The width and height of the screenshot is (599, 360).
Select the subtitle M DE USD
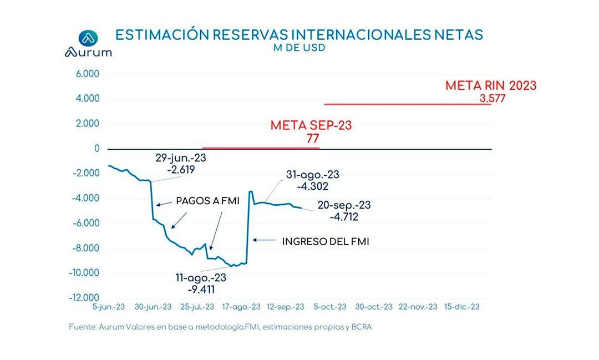tap(299, 48)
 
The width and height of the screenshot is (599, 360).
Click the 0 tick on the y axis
tap(97, 149)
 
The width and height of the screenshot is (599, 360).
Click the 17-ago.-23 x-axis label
tap(242, 307)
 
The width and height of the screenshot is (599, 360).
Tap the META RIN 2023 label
tap(491, 86)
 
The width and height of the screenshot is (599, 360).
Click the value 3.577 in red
tap(493, 99)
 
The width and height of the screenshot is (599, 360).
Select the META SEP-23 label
tap(311, 125)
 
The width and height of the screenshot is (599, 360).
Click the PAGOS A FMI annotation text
tap(207, 201)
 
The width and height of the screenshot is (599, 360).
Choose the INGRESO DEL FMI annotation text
tap(326, 241)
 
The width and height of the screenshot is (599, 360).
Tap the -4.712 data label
tap(344, 217)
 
